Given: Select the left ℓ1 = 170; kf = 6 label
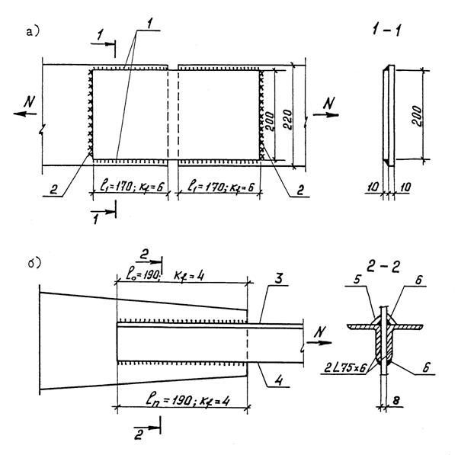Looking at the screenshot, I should coord(133,184).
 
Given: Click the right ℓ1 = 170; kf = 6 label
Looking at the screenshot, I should coord(220,184).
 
